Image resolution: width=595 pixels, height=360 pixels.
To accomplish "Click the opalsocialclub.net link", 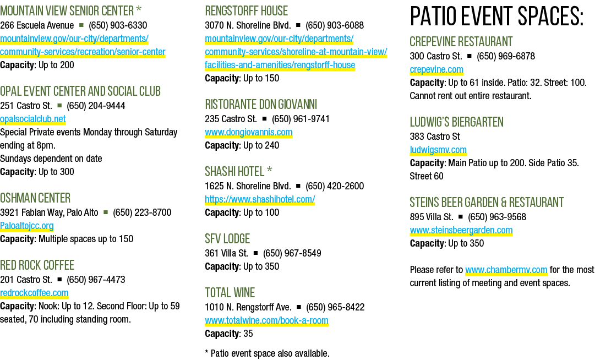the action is (33, 119).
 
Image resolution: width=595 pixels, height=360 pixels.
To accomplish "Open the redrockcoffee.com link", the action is (34, 293).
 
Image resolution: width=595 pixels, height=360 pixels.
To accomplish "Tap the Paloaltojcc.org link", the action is (26, 226).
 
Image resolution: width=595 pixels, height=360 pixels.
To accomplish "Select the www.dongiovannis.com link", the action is (249, 133).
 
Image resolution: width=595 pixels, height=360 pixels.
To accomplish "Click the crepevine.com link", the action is (436, 70).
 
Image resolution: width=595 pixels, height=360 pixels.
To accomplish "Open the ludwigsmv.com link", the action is (438, 150).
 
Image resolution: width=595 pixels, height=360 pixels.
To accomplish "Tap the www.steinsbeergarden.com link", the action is (461, 230).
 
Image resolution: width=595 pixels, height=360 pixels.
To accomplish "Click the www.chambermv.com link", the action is (506, 270).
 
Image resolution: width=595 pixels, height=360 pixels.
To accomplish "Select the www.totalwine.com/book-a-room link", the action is (267, 320).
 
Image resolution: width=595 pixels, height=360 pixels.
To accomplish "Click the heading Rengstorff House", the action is (246, 10).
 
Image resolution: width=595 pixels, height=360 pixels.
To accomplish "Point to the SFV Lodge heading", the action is (227, 238).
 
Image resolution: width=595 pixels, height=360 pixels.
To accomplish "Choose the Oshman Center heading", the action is (35, 198).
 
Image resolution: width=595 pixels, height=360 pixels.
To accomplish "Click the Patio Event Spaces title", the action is (496, 17).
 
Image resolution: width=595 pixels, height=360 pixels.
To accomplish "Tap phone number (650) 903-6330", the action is (118, 25).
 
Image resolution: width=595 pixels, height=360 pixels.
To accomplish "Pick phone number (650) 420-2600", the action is (335, 186).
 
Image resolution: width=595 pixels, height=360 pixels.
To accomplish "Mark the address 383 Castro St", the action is (435, 137).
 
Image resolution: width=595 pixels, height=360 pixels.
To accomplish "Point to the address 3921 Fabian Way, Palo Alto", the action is (49, 212).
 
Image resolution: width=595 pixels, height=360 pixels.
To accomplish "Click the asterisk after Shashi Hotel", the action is (269, 170).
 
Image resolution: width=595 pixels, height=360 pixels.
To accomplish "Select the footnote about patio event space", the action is (267, 353).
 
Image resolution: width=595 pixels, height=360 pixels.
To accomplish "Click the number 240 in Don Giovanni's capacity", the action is (271, 146).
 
